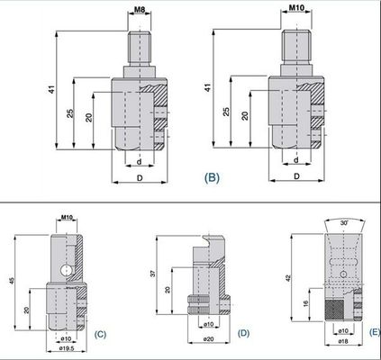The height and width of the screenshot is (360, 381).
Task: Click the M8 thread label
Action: (x=140, y=10)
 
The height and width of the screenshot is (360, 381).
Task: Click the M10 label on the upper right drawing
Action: (x=296, y=8)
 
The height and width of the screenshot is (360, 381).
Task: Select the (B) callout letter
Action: (x=212, y=177)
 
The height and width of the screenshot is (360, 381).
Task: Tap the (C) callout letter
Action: (x=100, y=334)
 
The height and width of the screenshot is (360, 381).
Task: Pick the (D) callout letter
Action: (x=243, y=333)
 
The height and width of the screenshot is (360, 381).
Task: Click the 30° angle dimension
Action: (x=344, y=223)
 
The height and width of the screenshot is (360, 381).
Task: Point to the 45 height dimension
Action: (x=12, y=281)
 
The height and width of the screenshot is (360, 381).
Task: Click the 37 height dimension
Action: (x=153, y=274)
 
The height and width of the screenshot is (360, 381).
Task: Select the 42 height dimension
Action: (x=288, y=278)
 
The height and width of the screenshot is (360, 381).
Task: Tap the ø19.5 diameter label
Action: (x=67, y=348)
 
